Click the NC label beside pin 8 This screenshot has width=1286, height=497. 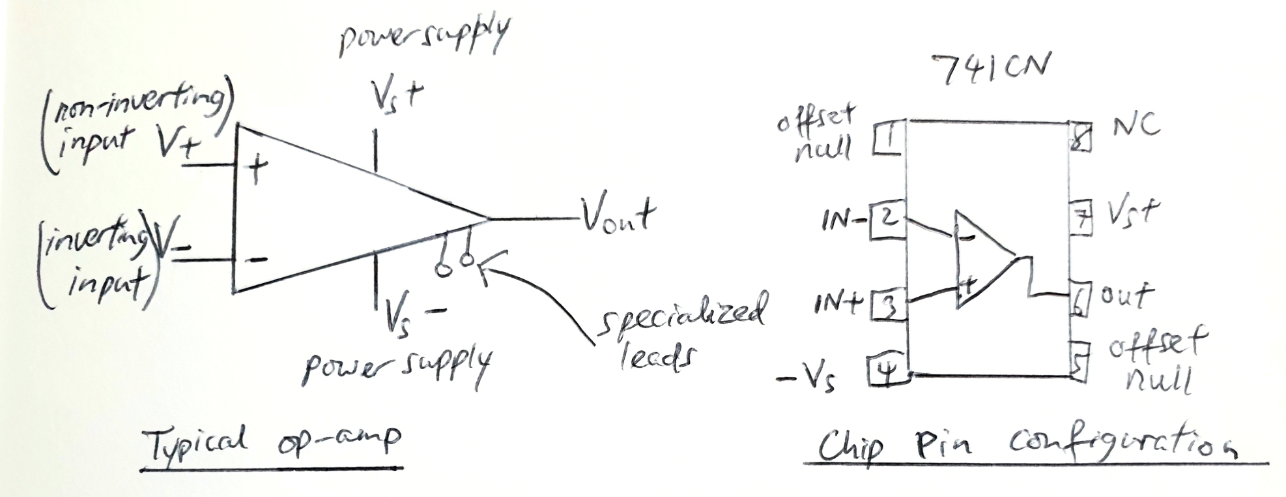[x=1135, y=125]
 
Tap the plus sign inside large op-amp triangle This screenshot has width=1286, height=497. [x=257, y=170]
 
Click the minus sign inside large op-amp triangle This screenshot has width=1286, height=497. [x=258, y=260]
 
